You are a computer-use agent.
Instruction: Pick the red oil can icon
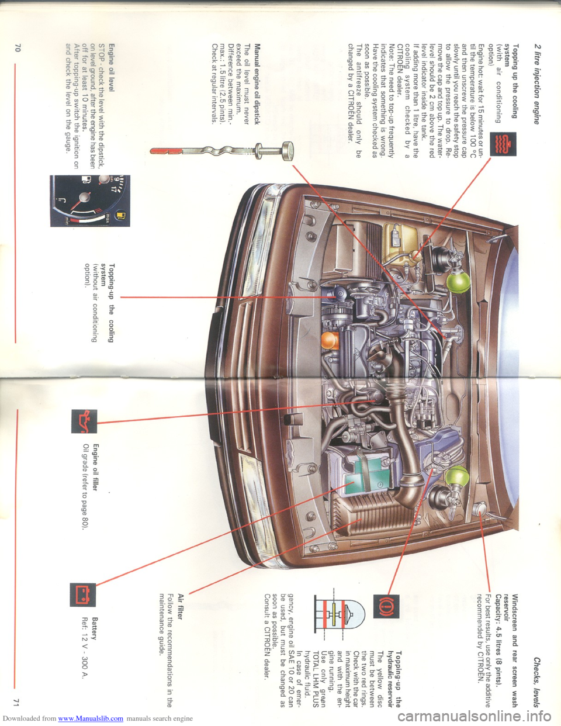84,421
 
